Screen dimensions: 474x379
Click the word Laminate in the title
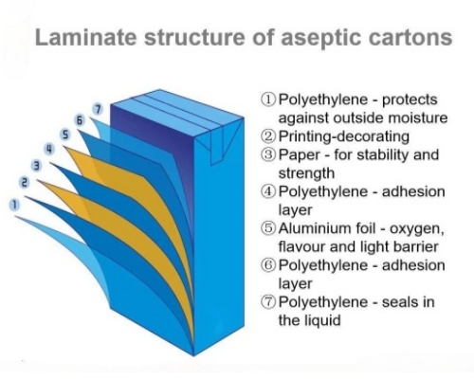pyautogui.click(x=86, y=37)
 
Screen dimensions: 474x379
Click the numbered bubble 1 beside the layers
pyautogui.click(x=14, y=205)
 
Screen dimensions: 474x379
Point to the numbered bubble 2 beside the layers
pyautogui.click(x=25, y=182)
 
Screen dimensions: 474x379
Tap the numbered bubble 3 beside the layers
pyautogui.click(x=37, y=166)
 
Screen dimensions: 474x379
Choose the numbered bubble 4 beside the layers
pyautogui.click(x=49, y=149)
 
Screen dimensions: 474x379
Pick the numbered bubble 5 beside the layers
pyautogui.click(x=65, y=135)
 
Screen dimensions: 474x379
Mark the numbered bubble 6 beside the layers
pyautogui.click(x=80, y=120)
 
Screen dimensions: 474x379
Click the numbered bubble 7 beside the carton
pyautogui.click(x=98, y=109)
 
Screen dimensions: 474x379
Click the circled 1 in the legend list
pyautogui.click(x=268, y=99)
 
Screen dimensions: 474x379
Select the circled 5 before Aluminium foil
pyautogui.click(x=268, y=228)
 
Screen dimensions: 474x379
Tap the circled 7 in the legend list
pyautogui.click(x=268, y=302)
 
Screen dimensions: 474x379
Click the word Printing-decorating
pyautogui.click(x=344, y=136)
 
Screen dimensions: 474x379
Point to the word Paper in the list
pyautogui.click(x=300, y=155)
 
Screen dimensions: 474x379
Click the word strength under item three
pyautogui.click(x=306, y=173)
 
